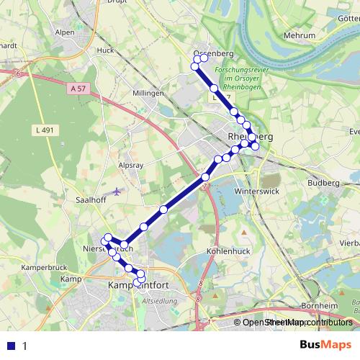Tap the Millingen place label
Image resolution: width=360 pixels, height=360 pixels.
(x=149, y=94)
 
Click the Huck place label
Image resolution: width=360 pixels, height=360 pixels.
(x=106, y=50)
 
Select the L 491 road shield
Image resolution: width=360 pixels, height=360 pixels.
(x=45, y=130)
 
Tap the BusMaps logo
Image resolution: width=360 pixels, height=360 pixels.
(x=325, y=345)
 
